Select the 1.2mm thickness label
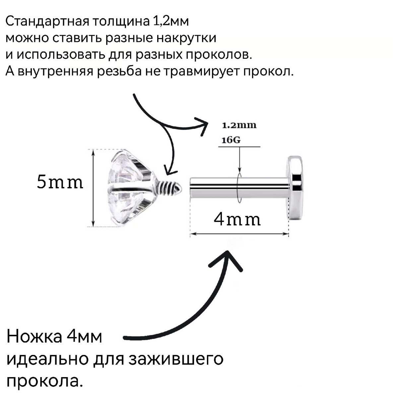tap(239, 125)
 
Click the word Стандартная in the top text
tap(47, 22)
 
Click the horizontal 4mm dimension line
tap(239, 234)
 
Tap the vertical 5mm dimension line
tap(93, 188)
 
